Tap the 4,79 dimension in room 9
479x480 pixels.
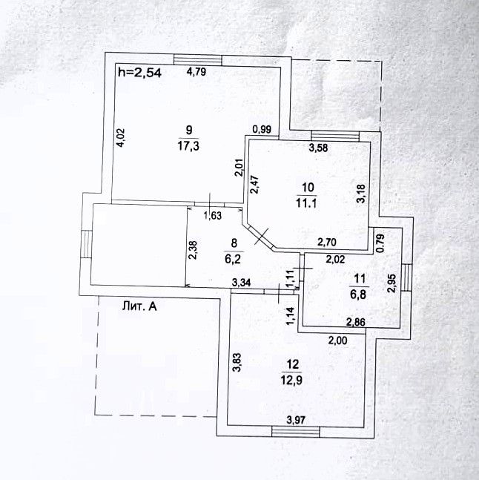point(196,72)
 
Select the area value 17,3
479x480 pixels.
point(188,147)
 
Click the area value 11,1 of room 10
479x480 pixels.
point(308,200)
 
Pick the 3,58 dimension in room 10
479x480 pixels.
point(318,147)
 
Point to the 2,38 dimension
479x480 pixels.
point(193,251)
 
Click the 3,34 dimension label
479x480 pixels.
point(241,281)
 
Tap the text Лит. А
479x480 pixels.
point(141,304)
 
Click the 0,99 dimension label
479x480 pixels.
point(261,130)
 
